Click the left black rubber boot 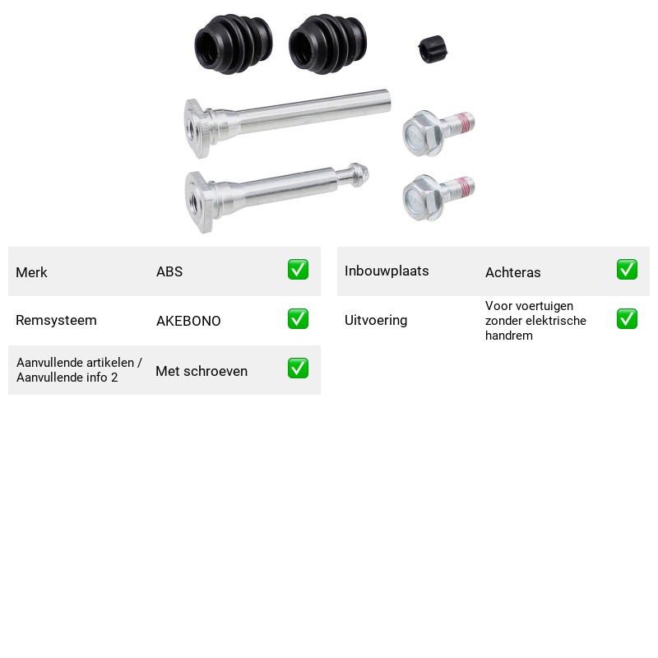(x=234, y=44)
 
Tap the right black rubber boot (x=327, y=44)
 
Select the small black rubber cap (x=433, y=49)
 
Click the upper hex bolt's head (x=422, y=133)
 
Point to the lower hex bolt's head (x=422, y=197)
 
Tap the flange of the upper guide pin (x=197, y=128)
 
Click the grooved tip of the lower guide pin (x=359, y=174)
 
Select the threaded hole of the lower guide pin (x=195, y=200)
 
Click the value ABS (x=169, y=271)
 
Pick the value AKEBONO (x=188, y=321)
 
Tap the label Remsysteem (x=56, y=320)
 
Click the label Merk (x=31, y=272)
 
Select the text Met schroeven (x=202, y=371)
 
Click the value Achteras (x=512, y=272)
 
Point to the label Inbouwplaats (x=387, y=271)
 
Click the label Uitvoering (x=376, y=320)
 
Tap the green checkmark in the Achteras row (x=627, y=270)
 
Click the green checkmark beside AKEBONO (x=298, y=319)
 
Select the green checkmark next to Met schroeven (x=298, y=368)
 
